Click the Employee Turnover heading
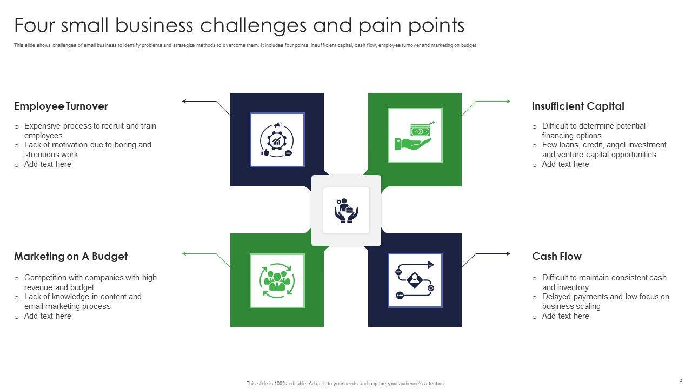click(x=61, y=106)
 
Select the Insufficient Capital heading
click(x=578, y=106)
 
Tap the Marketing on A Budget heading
click(x=71, y=257)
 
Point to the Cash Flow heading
click(x=556, y=257)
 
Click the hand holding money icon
click(x=415, y=136)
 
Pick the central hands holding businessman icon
click(x=346, y=211)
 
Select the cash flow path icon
click(x=415, y=280)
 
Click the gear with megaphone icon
click(x=277, y=140)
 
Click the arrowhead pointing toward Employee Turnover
click(x=185, y=101)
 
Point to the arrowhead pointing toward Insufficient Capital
click(x=508, y=101)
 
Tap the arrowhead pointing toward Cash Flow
click(x=508, y=253)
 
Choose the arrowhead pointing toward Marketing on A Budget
click(x=185, y=253)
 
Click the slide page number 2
click(x=681, y=380)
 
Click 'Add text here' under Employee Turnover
click(x=48, y=164)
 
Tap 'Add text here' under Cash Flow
click(x=565, y=316)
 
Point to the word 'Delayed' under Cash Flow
click(x=556, y=297)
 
